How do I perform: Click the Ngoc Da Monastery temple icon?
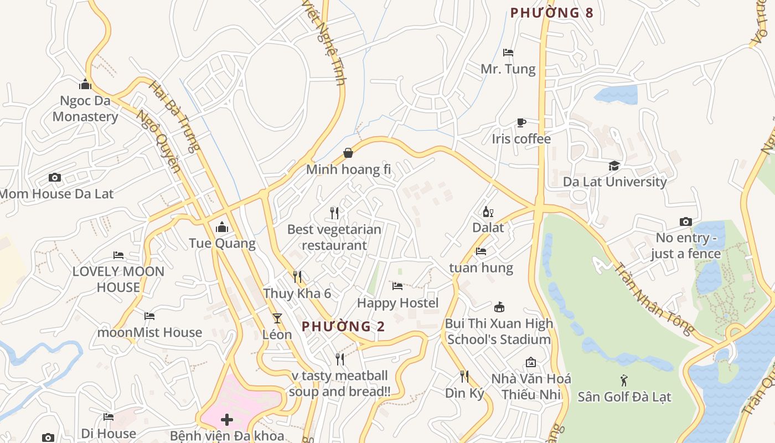[x=85, y=84]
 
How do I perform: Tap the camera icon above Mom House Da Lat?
[x=54, y=177]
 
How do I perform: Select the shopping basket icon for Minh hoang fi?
[x=348, y=153]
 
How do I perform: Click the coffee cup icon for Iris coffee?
[x=521, y=122]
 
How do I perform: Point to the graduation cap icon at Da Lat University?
[x=614, y=166]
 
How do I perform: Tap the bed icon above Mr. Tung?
[x=508, y=53]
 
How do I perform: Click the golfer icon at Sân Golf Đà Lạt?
[x=624, y=380]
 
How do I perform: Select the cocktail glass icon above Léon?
[x=277, y=318]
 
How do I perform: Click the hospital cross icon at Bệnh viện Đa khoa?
[x=227, y=419]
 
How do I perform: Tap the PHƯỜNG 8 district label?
[x=551, y=13]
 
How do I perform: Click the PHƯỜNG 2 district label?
[x=343, y=327]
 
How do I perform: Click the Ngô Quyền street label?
[x=159, y=142]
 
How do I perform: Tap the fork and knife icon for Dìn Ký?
[x=464, y=377]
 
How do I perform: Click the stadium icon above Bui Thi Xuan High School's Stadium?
[x=499, y=307]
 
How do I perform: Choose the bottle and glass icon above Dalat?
[x=488, y=212]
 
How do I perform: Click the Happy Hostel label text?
[x=397, y=303]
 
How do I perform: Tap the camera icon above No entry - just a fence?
[x=685, y=221]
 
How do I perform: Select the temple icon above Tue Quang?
[x=222, y=227]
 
